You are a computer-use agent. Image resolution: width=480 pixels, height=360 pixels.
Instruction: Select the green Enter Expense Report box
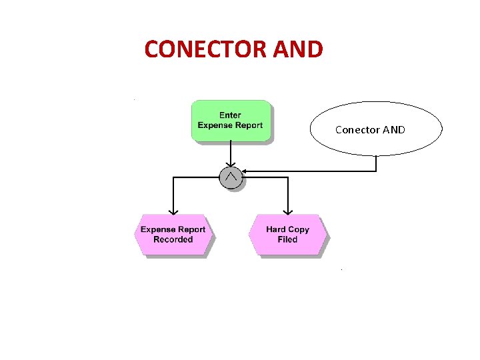pos(231,121)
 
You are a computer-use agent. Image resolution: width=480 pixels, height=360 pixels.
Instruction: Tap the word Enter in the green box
pos(230,115)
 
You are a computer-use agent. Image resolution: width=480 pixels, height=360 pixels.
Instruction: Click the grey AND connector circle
pos(231,177)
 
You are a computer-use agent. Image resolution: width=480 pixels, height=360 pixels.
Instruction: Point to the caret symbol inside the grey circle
pos(231,176)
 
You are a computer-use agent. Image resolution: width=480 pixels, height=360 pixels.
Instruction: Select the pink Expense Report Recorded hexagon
pos(173,235)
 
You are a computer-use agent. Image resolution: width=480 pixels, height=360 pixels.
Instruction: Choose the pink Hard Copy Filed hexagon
pos(288,235)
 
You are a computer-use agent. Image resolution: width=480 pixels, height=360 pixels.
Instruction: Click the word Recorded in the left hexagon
pos(173,240)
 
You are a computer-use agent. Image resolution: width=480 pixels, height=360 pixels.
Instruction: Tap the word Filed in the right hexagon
pos(288,240)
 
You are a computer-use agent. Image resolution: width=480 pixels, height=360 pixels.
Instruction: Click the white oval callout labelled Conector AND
pos(375,129)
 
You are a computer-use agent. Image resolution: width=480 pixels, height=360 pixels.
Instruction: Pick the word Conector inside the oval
pos(356,129)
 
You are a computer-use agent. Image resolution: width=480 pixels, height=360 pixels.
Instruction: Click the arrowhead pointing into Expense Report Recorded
pos(173,211)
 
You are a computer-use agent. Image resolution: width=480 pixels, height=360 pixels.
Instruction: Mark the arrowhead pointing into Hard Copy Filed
pos(288,211)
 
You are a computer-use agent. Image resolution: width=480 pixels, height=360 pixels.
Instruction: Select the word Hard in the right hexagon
pos(276,230)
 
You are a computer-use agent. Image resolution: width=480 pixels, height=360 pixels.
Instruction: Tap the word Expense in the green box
pos(215,125)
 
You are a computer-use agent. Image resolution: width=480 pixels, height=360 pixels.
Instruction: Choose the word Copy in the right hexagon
pos(299,230)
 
